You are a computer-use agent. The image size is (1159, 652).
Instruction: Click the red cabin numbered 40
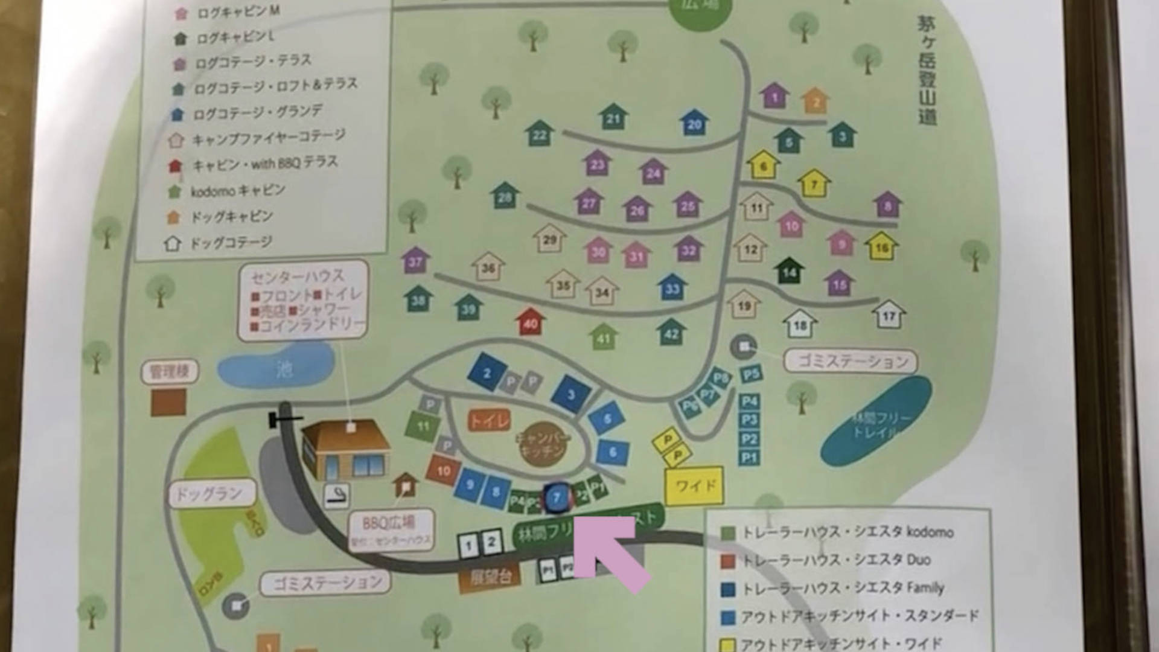point(531,322)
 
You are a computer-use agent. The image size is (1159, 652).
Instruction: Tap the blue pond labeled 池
point(276,366)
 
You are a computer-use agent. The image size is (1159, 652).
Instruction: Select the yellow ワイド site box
point(694,485)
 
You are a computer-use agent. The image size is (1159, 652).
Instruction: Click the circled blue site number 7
point(557,498)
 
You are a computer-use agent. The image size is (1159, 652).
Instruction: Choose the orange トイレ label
point(489,420)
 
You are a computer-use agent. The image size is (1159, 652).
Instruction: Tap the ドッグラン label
point(209,494)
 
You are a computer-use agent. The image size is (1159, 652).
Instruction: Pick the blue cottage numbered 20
point(694,124)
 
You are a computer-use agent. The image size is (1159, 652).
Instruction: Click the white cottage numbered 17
point(889,315)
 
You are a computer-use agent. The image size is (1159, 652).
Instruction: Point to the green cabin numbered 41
point(603,337)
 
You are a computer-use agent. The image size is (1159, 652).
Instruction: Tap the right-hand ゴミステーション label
point(851,362)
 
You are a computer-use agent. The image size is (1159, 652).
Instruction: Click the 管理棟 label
point(170,371)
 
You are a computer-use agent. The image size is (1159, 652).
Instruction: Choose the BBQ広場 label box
point(389,529)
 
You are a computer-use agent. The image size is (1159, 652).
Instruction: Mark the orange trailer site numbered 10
point(444,470)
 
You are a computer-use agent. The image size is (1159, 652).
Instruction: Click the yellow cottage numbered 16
point(881,246)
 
